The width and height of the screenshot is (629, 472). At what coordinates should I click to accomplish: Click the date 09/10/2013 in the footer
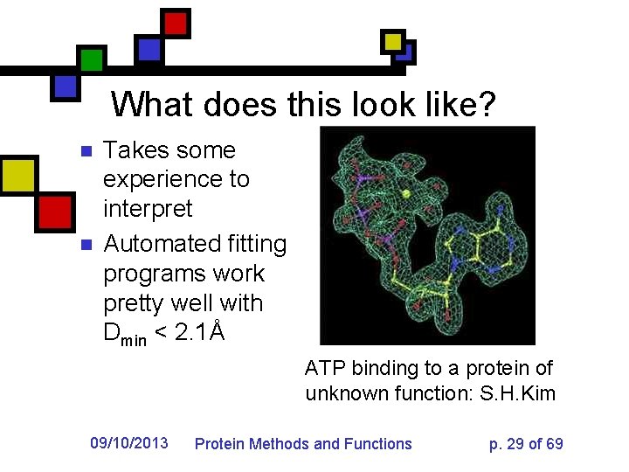pos(129,444)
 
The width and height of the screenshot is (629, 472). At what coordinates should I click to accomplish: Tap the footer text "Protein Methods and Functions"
pos(302,444)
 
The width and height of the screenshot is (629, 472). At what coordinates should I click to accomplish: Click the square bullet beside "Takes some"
pos(85,151)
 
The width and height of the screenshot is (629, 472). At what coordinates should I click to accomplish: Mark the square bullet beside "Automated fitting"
pos(85,245)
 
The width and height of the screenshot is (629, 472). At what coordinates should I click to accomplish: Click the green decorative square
pos(91,59)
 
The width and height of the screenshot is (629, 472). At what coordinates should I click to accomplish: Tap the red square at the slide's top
pos(176,22)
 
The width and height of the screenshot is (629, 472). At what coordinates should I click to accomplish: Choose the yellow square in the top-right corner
pos(393,41)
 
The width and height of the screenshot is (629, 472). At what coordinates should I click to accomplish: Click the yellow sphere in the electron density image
pos(405,193)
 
